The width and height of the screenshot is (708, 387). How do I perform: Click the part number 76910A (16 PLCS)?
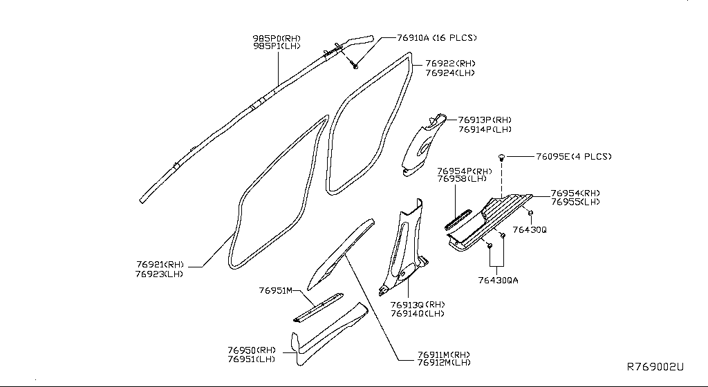tap(437, 37)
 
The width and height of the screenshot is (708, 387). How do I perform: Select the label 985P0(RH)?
tap(276, 38)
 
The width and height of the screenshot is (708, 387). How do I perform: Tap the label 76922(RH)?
tap(450, 64)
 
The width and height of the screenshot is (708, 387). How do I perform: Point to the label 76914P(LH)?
tap(484, 129)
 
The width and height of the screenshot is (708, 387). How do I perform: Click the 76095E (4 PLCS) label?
tap(574, 157)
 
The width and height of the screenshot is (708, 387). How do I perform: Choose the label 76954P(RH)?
tap(464, 171)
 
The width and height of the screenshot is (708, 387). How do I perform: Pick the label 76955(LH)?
tap(575, 202)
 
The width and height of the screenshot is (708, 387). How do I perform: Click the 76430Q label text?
tap(530, 229)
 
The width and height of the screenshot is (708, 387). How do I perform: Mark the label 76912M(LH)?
tap(444, 362)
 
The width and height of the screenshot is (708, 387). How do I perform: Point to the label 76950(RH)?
tap(252, 350)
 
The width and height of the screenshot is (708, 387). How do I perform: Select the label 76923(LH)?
tap(160, 274)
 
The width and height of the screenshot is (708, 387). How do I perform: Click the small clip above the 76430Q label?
tap(530, 211)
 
